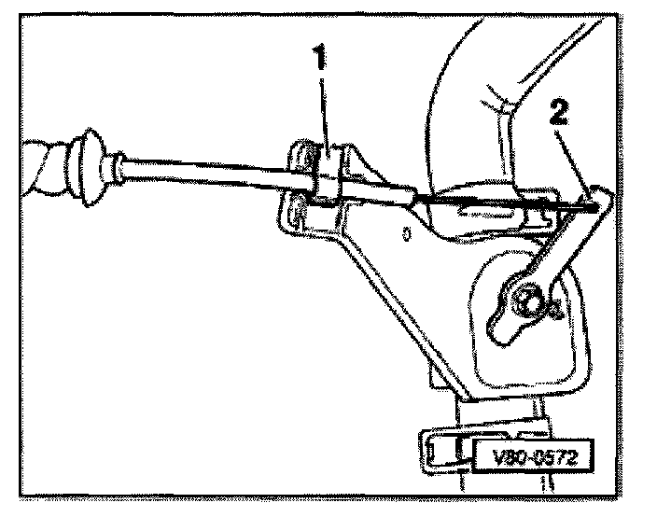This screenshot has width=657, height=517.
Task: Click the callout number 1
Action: click(x=320, y=62)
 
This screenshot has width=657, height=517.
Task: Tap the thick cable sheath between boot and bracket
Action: click(x=205, y=175)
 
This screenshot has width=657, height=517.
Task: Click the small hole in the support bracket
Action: click(x=408, y=235)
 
